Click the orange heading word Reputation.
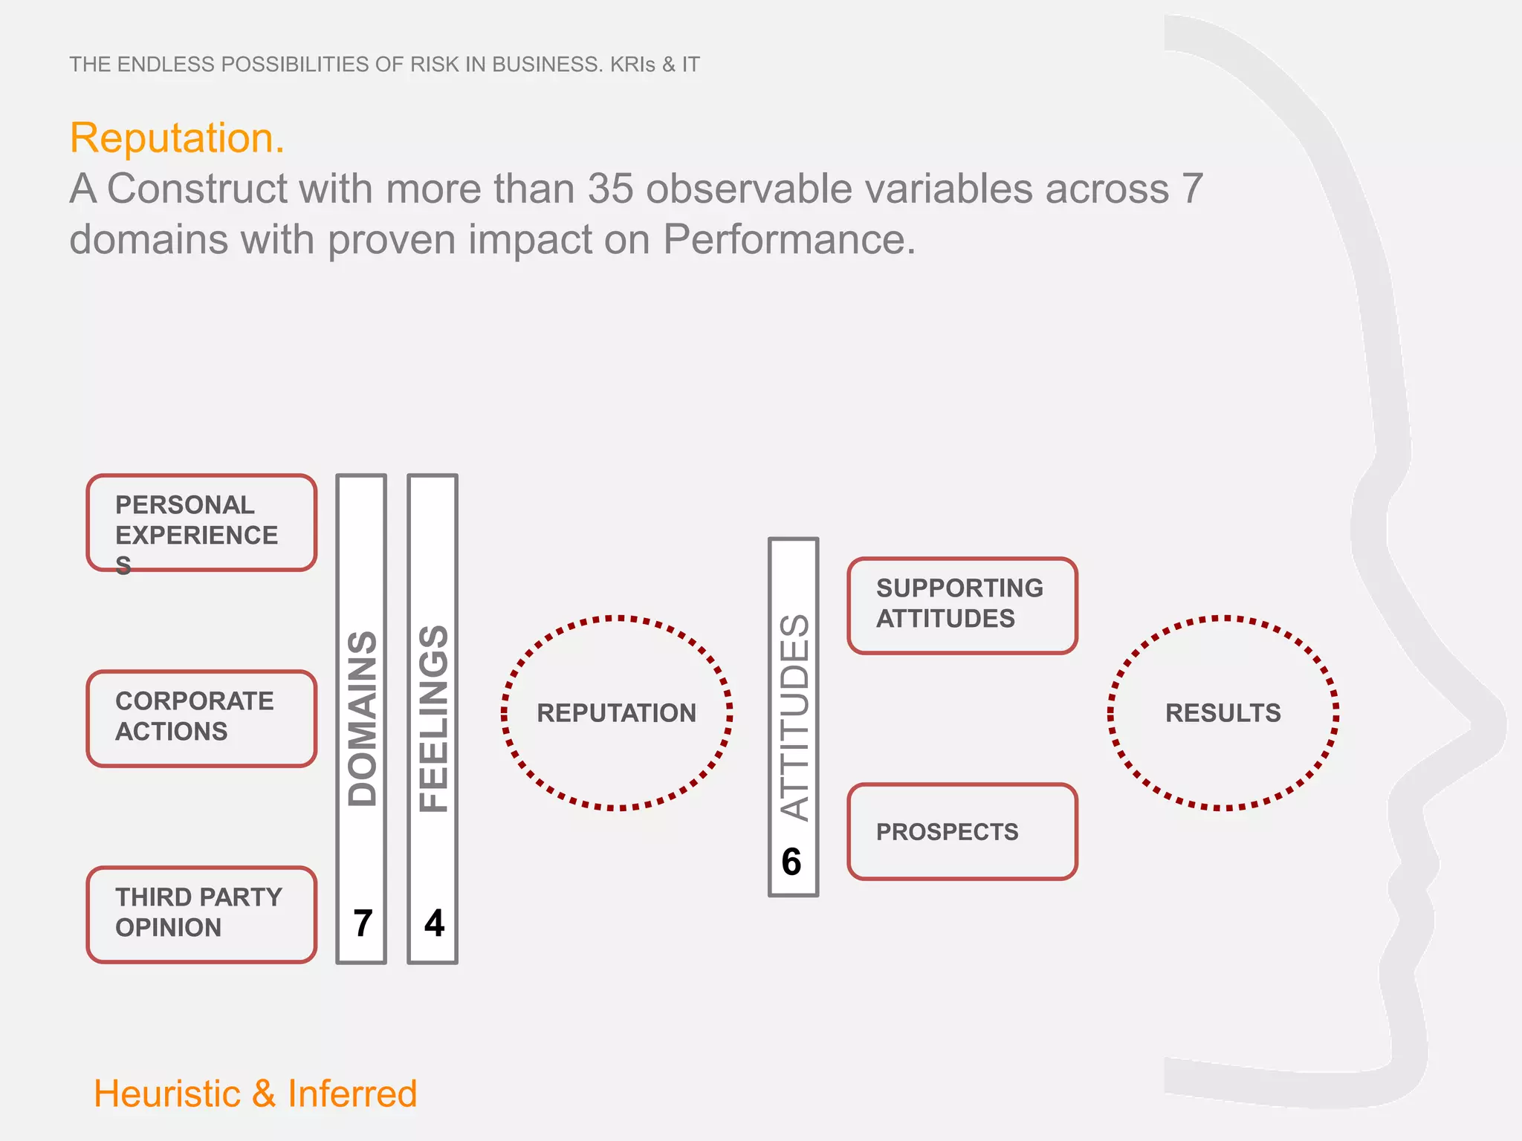177,138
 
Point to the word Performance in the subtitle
788,240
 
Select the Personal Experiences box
201,523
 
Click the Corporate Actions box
201,718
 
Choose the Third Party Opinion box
201,914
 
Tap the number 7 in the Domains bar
363,923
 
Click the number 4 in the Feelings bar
434,923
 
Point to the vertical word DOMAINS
363,719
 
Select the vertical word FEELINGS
434,719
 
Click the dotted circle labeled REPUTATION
617,713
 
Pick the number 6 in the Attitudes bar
791,862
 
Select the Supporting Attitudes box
962,605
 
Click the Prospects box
962,832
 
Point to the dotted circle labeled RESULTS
1223,713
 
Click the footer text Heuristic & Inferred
255,1094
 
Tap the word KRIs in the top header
632,65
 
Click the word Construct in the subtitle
197,189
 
